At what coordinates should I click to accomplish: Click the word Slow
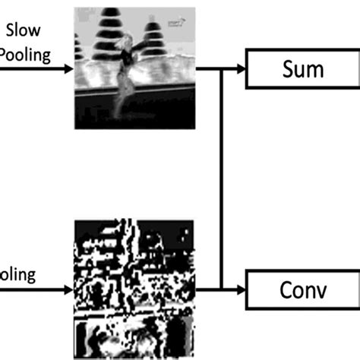click(x=24, y=30)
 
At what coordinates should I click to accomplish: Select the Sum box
click(x=302, y=70)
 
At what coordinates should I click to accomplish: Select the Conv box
click(x=302, y=289)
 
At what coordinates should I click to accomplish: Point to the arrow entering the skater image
click(x=67, y=70)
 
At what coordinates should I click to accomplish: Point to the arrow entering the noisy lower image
click(x=67, y=289)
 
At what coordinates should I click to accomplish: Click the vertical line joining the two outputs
click(x=220, y=179)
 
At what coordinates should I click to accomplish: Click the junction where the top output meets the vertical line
click(x=220, y=70)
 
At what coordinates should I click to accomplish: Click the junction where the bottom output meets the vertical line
click(x=220, y=289)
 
